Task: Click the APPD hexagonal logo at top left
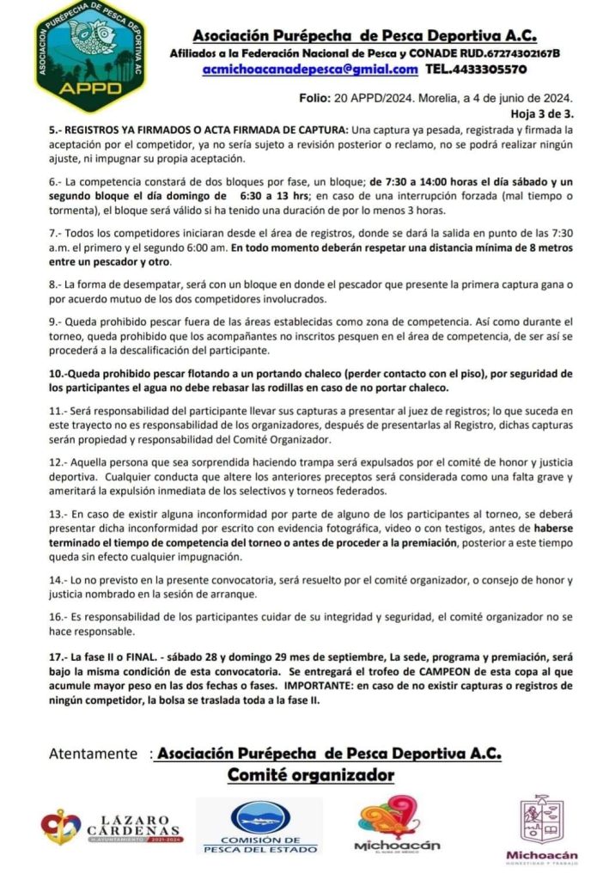(x=89, y=56)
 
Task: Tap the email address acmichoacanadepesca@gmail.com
(x=310, y=69)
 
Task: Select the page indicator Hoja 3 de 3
(x=541, y=113)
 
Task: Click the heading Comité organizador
(x=310, y=776)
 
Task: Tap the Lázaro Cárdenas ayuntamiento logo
(x=113, y=827)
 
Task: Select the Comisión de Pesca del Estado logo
(x=259, y=826)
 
